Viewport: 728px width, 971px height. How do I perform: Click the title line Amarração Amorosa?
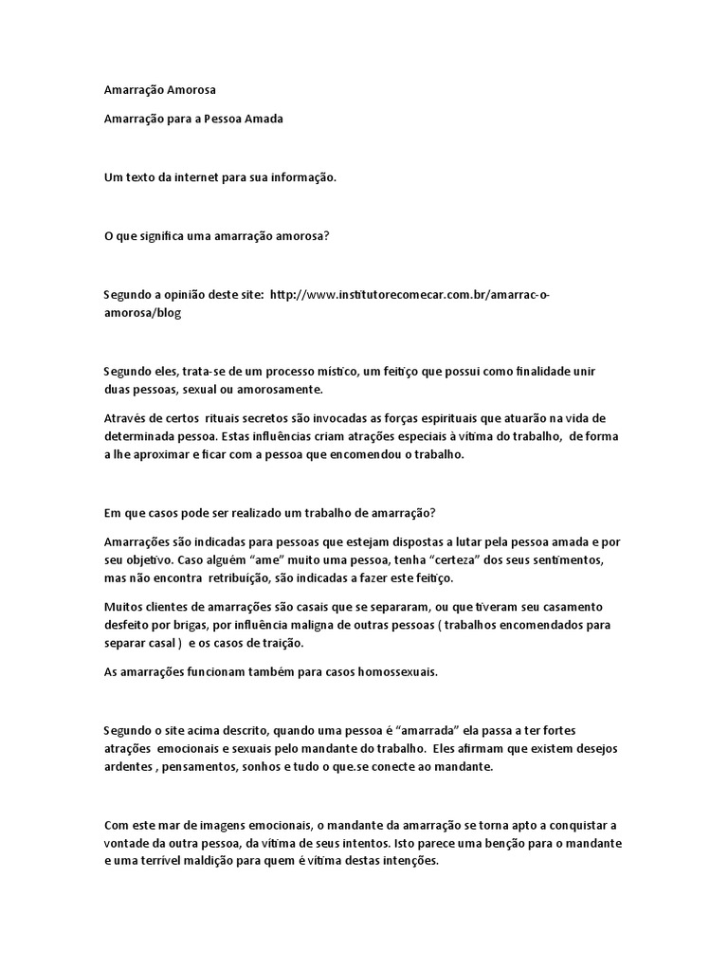[x=159, y=90]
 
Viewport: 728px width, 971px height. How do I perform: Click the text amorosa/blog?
[x=141, y=312]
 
